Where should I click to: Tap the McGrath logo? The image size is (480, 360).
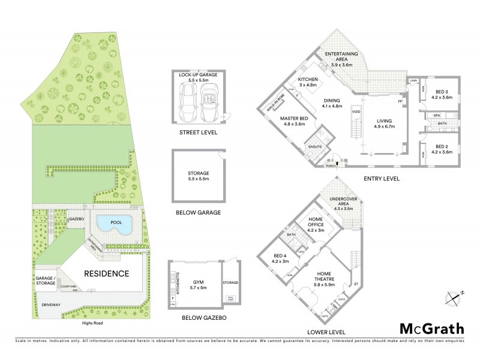tap(431, 328)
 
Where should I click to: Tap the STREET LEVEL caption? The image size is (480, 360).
tap(197, 133)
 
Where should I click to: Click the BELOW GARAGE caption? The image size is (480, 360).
tap(197, 212)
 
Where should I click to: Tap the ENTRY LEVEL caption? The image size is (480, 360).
tap(382, 178)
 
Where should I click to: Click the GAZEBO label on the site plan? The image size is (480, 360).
tap(76, 220)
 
